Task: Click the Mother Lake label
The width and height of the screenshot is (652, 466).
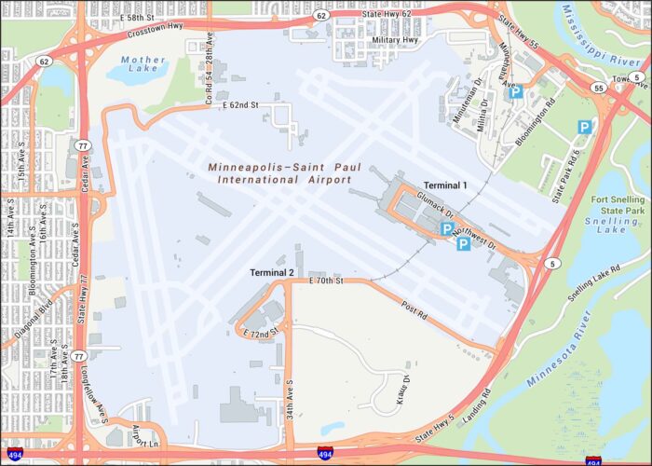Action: tap(143, 65)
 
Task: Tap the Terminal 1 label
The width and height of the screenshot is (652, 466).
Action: tap(445, 185)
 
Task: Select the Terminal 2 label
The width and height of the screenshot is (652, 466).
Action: tap(272, 273)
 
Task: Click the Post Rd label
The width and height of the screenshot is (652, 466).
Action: tap(414, 312)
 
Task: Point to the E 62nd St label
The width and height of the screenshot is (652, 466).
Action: tap(240, 106)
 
